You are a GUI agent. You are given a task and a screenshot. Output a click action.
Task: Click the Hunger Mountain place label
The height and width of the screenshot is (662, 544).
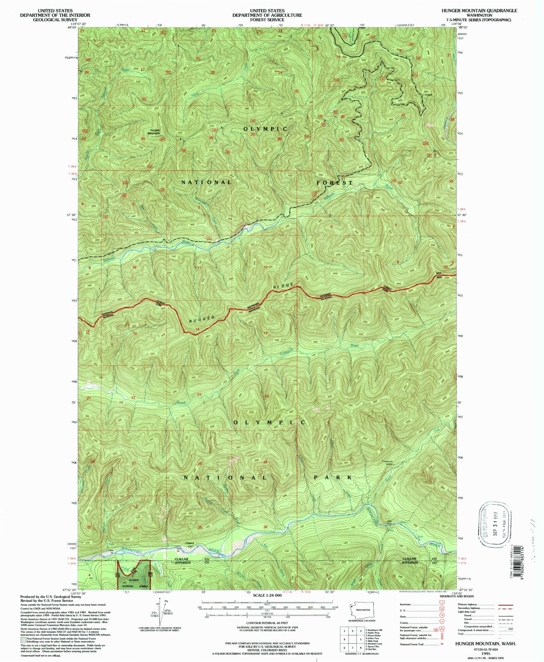(x=154, y=132)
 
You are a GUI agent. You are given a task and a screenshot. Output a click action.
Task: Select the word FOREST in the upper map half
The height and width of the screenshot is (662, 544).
(x=334, y=183)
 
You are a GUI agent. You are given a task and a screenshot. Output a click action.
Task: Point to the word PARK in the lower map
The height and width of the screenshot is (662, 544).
(x=334, y=477)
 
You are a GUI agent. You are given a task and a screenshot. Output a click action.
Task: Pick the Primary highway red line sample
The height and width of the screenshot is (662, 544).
(x=507, y=604)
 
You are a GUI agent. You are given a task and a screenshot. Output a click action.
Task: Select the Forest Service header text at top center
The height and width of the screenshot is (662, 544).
(x=267, y=20)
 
